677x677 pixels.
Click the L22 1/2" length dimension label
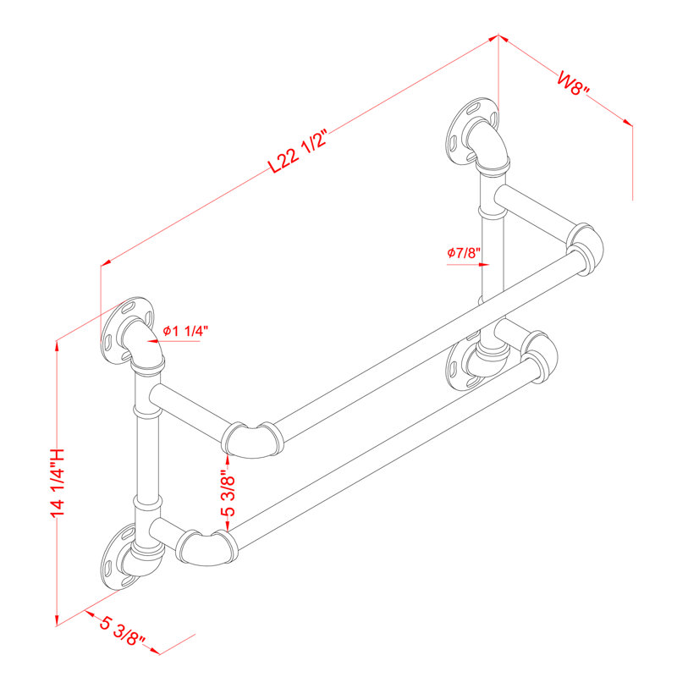(x=297, y=151)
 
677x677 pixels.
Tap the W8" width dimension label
(x=573, y=84)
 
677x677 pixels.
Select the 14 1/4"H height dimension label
(x=58, y=482)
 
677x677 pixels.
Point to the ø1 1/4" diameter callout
(x=185, y=331)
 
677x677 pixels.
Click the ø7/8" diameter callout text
(x=464, y=253)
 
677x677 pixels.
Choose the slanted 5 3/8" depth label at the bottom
(x=122, y=631)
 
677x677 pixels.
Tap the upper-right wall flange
(x=472, y=131)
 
